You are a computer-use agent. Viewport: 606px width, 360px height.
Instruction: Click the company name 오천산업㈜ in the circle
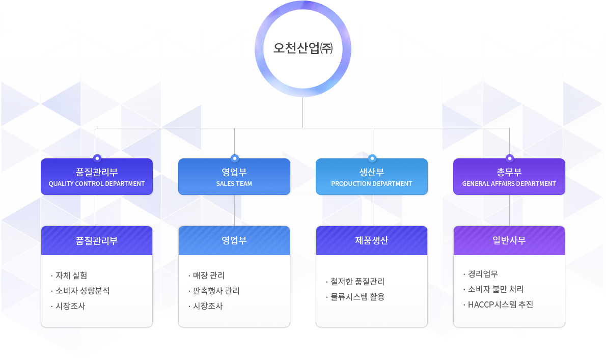pos(303,48)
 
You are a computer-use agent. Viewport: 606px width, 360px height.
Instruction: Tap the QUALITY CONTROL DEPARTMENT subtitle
pos(97,184)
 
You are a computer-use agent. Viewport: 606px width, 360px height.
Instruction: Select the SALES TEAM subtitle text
pos(234,184)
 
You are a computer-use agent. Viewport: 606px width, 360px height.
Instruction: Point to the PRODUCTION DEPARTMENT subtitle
pos(372,184)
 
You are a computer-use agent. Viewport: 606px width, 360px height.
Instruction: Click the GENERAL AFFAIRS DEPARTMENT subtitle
pos(509,184)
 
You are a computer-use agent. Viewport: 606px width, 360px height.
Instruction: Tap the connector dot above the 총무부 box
pos(509,158)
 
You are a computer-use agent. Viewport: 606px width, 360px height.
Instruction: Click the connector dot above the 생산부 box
pos(372,158)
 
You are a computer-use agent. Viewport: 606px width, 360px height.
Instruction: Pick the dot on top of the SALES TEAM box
pos(235,158)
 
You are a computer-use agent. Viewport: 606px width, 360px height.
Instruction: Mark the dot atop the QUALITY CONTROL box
pos(97,158)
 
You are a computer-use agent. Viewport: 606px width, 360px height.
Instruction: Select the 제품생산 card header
pos(372,241)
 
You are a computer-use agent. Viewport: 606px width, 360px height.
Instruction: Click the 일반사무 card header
pos(509,241)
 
